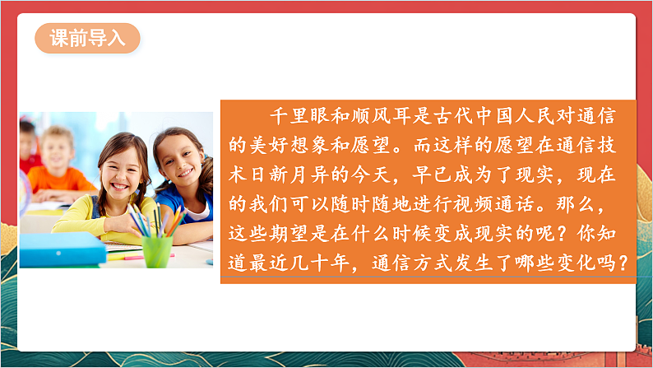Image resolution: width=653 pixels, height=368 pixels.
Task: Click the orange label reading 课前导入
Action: pyautogui.click(x=87, y=39)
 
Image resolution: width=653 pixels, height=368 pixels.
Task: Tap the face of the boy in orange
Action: pyautogui.click(x=58, y=148)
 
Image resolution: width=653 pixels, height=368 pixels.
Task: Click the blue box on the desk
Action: pyautogui.click(x=63, y=250)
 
